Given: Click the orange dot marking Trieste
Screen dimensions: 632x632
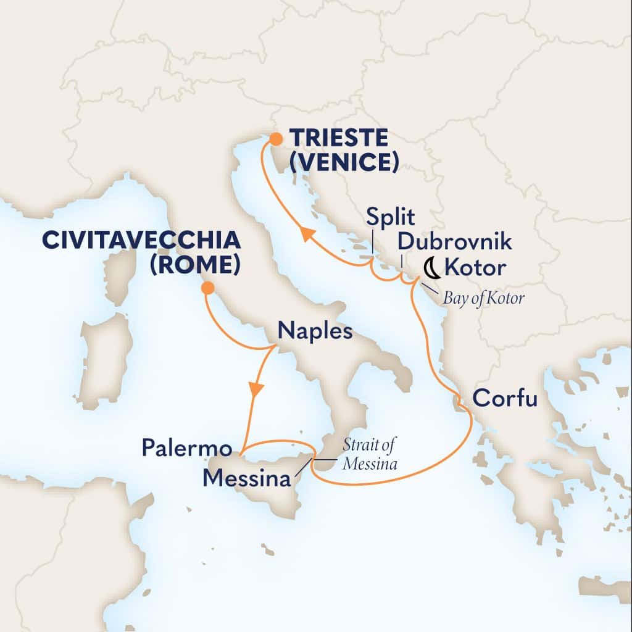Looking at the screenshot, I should [273, 141].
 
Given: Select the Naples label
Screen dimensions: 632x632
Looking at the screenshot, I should [315, 331].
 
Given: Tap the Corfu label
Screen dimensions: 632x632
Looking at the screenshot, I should [504, 399].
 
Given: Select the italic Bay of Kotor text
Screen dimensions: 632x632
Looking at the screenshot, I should [484, 299].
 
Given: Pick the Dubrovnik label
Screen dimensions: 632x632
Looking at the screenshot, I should [454, 241].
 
